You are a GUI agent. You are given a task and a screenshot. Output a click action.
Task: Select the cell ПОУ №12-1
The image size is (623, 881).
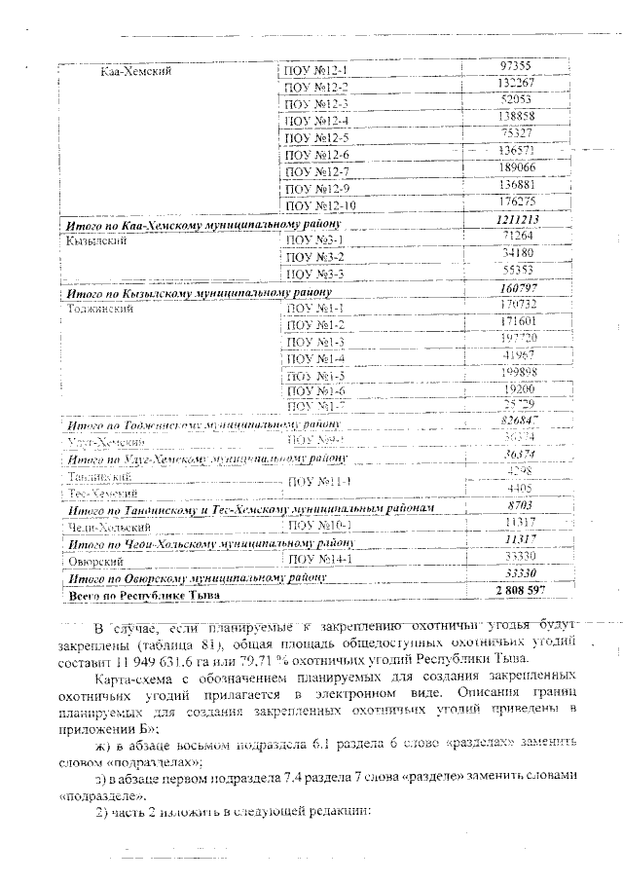point(317,71)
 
